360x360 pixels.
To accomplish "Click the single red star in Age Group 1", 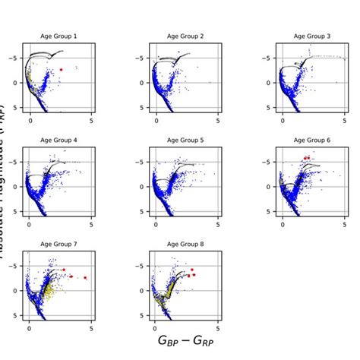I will click(62, 69).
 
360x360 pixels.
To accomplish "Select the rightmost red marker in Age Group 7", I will click(85, 278).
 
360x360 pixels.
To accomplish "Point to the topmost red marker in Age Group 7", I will click(65, 269).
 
